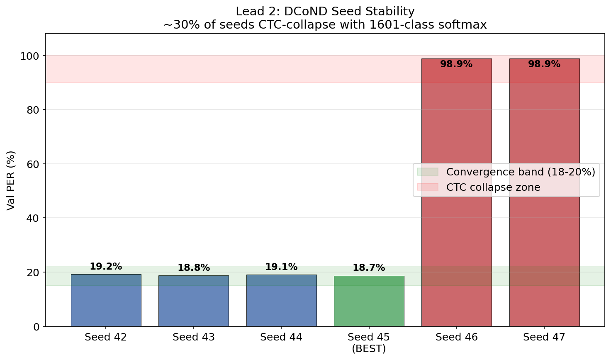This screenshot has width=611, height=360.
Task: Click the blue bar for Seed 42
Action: pyautogui.click(x=106, y=300)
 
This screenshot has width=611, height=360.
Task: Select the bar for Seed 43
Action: pyautogui.click(x=194, y=301)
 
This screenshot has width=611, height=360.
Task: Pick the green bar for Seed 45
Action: pyautogui.click(x=369, y=301)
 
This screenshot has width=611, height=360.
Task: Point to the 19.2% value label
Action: pyautogui.click(x=106, y=267)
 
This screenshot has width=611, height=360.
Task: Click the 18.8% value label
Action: pyautogui.click(x=194, y=268)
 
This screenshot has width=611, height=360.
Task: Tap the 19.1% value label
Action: pyautogui.click(x=281, y=267)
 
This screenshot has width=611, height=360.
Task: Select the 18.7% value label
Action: pyautogui.click(x=369, y=268)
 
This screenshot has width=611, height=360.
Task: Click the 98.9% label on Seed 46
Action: pyautogui.click(x=456, y=64)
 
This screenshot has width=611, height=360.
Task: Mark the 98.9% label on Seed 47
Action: pyautogui.click(x=544, y=64)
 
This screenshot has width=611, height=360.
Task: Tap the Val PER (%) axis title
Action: pyautogui.click(x=11, y=180)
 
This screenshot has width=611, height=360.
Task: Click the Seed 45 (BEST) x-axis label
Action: pyautogui.click(x=369, y=343)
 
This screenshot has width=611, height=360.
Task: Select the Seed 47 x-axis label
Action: pyautogui.click(x=544, y=338)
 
